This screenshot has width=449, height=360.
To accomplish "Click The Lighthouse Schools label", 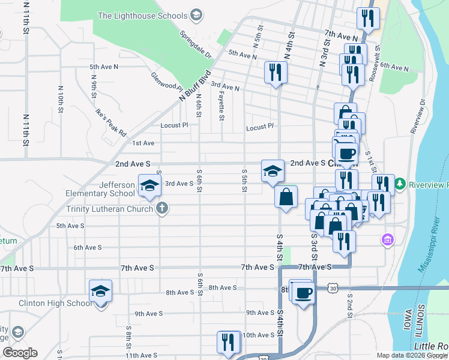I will click(x=142, y=15).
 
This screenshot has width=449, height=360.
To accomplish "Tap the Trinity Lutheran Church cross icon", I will click(x=161, y=209).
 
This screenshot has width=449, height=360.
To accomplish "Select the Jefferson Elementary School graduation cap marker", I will click(x=149, y=185).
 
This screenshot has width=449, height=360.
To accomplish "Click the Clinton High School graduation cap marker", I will click(x=101, y=292).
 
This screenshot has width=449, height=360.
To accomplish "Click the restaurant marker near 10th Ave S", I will click(x=228, y=343).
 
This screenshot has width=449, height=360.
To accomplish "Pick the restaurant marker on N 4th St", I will click(x=276, y=73).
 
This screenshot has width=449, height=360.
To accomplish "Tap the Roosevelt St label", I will click(x=377, y=56).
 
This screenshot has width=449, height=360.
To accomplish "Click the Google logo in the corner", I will click(x=19, y=353).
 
